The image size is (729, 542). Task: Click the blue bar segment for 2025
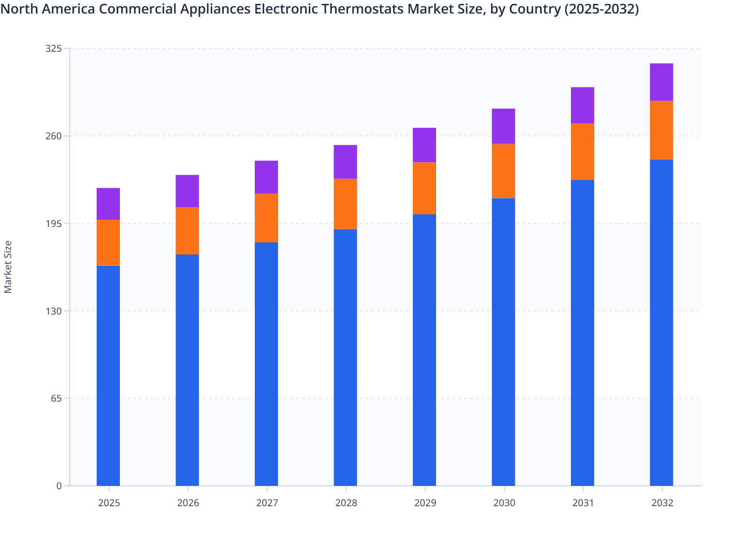point(108,376)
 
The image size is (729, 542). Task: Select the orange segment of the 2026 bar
point(187,231)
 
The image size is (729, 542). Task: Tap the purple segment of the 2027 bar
point(266,177)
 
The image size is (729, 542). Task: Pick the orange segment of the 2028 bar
point(345,204)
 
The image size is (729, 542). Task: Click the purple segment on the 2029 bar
point(424,145)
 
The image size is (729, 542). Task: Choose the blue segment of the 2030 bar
point(503,342)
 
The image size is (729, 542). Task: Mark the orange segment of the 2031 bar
point(583,151)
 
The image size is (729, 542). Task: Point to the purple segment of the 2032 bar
point(661,82)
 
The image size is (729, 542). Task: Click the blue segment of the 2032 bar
point(661,322)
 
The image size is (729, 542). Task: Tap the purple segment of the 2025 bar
point(108,204)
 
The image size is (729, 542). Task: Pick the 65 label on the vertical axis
point(56,398)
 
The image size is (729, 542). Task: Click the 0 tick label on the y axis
point(59,486)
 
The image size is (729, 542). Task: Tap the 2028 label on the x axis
point(346,503)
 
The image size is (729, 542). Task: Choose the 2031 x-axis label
point(583,503)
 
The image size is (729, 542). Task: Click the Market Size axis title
point(8,267)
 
